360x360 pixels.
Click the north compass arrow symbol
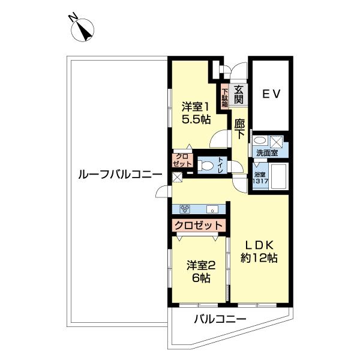(82, 29)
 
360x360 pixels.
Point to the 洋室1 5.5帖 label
(196, 112)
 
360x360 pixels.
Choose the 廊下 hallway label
(239, 129)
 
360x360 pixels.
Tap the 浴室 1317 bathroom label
(259, 178)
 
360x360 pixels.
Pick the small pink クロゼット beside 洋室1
(181, 160)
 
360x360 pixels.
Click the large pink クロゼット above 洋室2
(199, 226)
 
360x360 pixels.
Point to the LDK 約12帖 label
(259, 251)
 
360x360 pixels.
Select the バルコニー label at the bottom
(220, 320)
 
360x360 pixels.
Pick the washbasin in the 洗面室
(259, 140)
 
